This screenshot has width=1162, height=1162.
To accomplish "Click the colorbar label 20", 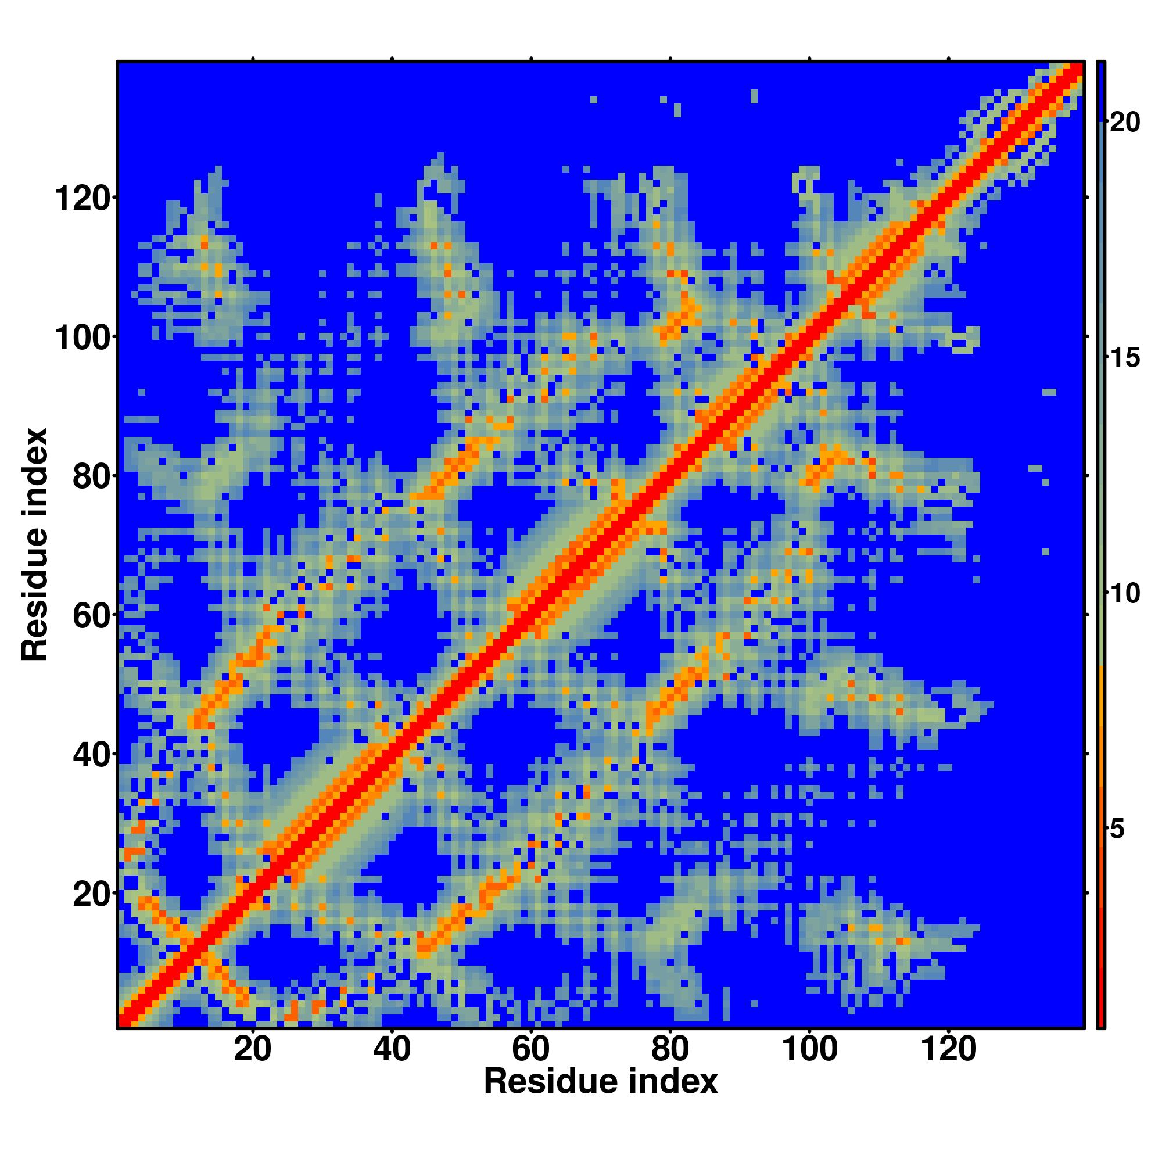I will [1124, 123].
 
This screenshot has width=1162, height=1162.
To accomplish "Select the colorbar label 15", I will [1124, 358].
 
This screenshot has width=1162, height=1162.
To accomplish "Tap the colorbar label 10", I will [1124, 594].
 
